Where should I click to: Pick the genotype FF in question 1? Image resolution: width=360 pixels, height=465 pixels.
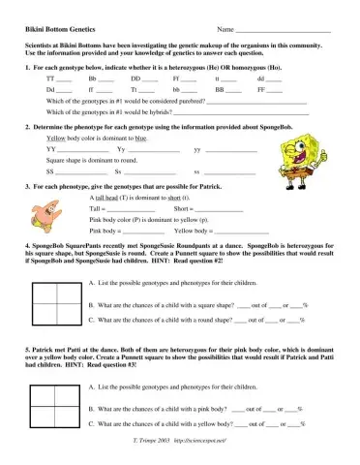pyautogui.click(x=260, y=88)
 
